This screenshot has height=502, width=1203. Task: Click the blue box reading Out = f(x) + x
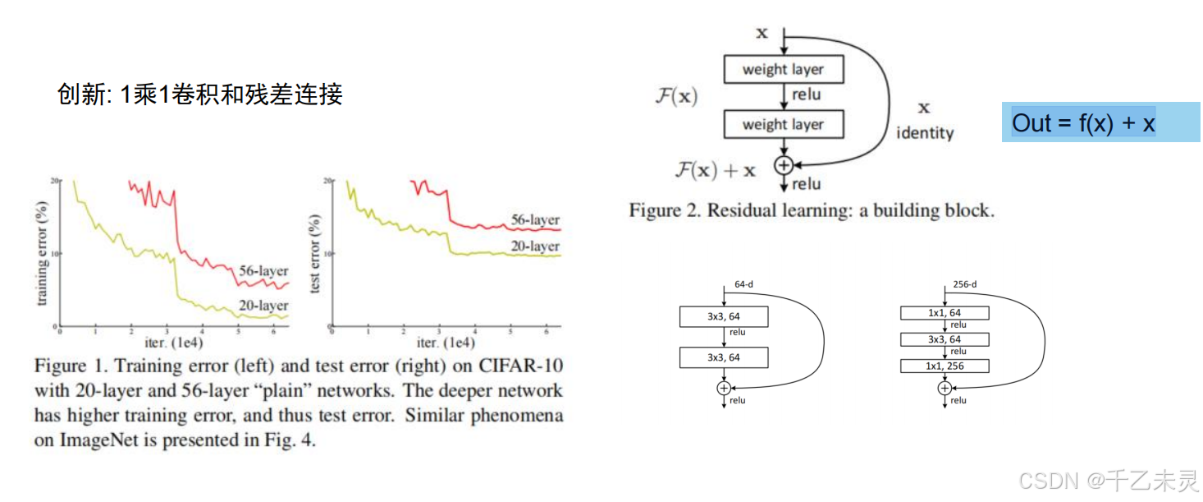1100,122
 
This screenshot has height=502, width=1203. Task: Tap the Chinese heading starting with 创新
199,94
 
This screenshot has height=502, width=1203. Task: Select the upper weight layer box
783,70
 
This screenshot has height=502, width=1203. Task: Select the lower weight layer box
783,125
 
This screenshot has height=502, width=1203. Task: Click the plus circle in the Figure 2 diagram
783,165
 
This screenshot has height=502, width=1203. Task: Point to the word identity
925,132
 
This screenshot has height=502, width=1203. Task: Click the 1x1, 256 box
945,366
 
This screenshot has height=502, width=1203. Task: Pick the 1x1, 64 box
945,312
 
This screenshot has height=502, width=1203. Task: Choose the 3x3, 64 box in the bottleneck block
945,339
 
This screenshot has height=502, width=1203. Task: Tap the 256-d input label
965,284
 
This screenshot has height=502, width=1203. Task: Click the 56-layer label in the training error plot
263,271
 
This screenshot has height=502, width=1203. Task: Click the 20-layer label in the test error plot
535,246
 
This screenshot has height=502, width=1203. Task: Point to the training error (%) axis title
43,253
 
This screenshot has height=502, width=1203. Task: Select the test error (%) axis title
316,253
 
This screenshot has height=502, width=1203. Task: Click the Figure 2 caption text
812,210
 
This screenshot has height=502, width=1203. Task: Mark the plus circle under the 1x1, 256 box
945,388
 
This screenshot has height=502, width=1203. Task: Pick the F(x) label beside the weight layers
676,96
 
